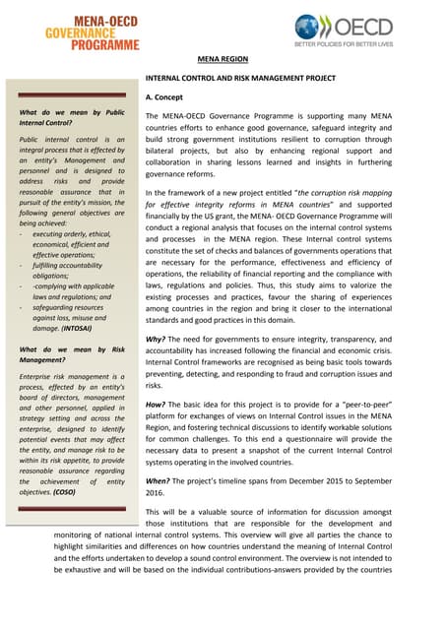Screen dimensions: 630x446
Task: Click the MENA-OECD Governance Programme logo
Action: [x=92, y=27]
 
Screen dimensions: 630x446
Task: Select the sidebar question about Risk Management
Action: [x=72, y=355]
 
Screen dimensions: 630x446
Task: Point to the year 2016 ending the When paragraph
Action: [x=155, y=493]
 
